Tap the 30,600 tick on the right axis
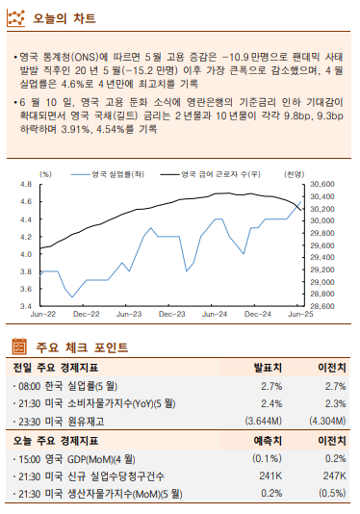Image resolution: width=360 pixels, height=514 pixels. click(321, 184)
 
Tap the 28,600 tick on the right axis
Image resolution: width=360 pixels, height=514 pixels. click(321, 306)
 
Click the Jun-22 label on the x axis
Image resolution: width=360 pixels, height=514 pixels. click(44, 314)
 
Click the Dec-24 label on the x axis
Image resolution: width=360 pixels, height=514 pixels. click(257, 314)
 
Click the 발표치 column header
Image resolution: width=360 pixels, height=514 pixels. click(267, 368)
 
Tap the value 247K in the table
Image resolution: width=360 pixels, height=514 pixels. click(332, 475)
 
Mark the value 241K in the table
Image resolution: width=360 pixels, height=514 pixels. click(270, 475)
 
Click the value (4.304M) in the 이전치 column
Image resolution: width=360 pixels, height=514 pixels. click(327, 421)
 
